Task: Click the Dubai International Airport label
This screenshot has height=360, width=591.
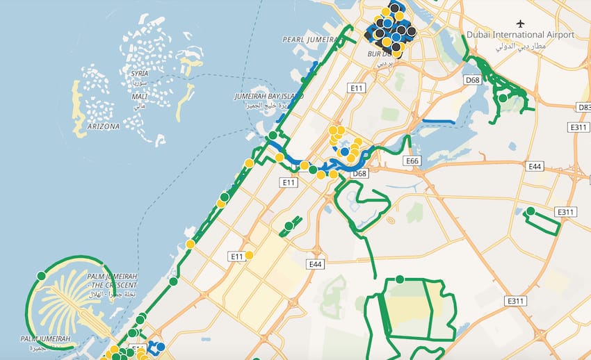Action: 520,35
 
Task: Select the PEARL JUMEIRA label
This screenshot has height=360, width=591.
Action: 309,40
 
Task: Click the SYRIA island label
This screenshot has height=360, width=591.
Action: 139,73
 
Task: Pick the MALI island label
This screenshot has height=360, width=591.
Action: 139,97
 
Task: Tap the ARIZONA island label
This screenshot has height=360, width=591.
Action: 104,126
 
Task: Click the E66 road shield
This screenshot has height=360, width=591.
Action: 412,161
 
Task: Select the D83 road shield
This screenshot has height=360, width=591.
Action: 584,107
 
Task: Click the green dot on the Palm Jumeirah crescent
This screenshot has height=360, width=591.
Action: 41,276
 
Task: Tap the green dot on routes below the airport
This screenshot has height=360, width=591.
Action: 503,98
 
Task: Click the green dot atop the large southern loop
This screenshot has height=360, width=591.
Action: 400,279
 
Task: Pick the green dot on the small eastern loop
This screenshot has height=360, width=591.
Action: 531,211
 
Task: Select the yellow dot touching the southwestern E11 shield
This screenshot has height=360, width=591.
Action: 249,255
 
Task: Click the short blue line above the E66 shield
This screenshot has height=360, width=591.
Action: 438,122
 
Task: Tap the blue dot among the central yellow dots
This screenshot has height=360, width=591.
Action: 344,151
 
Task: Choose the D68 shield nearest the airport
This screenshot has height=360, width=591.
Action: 472,80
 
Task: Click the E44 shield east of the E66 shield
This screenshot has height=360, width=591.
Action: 535,166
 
